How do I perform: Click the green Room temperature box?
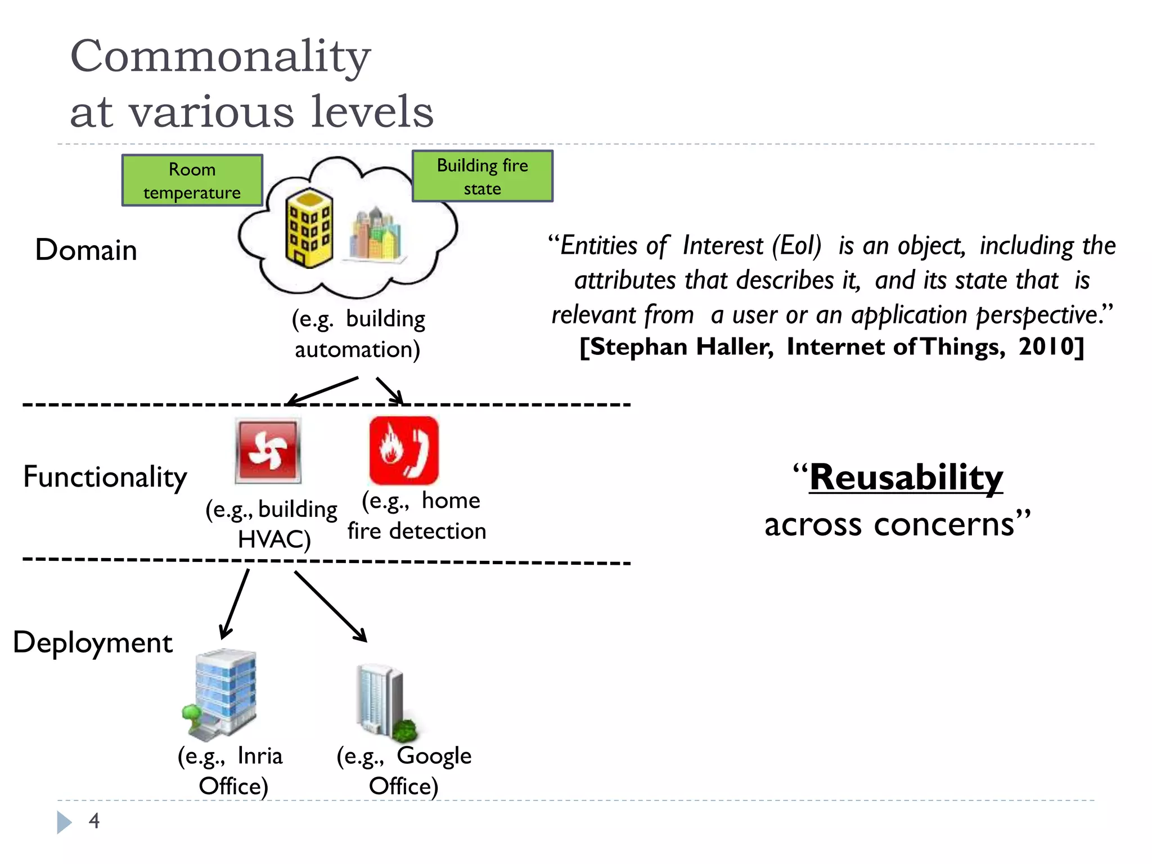click(192, 181)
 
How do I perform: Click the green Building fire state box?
click(482, 176)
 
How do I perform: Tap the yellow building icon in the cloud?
click(309, 228)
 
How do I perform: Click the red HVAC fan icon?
click(268, 451)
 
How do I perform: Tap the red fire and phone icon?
click(403, 451)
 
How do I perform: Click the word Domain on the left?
click(86, 250)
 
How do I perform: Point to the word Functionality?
click(105, 477)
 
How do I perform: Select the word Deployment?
click(93, 642)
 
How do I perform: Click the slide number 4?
click(94, 821)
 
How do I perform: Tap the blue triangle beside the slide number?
click(64, 822)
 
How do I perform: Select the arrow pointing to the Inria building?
click(235, 604)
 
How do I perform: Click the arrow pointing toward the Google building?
click(330, 606)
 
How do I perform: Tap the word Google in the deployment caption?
click(434, 756)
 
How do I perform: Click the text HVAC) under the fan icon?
click(274, 539)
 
